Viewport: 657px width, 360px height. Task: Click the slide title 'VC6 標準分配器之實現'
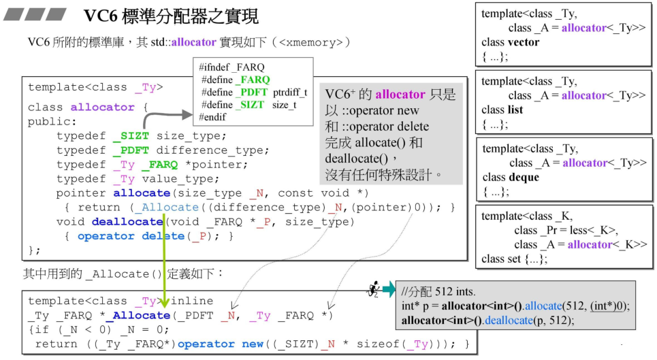click(x=170, y=15)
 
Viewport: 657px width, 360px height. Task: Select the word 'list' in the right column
click(x=515, y=110)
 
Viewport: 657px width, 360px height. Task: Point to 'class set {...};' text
click(x=514, y=259)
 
